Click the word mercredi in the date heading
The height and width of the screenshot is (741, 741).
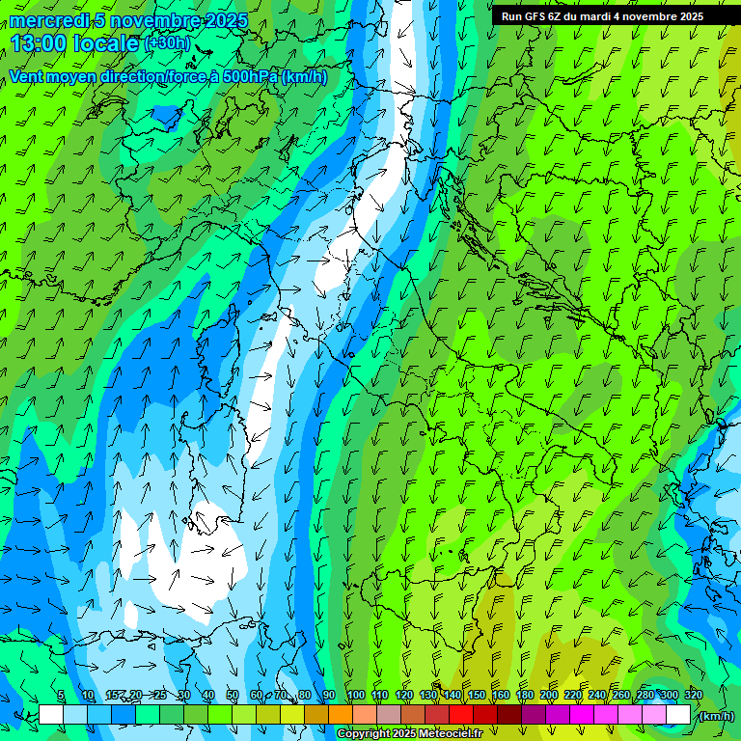click(45, 20)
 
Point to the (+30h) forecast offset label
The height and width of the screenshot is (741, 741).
click(167, 43)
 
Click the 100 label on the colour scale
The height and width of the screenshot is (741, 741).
click(356, 696)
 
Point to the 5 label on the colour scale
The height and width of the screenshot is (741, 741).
click(61, 696)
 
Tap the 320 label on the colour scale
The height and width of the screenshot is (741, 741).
click(694, 696)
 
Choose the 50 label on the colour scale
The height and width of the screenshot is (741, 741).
click(233, 696)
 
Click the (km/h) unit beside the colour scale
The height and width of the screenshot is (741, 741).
click(716, 716)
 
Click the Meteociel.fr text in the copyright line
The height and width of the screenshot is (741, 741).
click(457, 734)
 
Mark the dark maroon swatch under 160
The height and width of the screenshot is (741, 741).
click(509, 715)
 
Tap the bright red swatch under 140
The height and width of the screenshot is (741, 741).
click(461, 715)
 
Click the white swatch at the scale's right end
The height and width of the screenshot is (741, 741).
click(678, 715)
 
